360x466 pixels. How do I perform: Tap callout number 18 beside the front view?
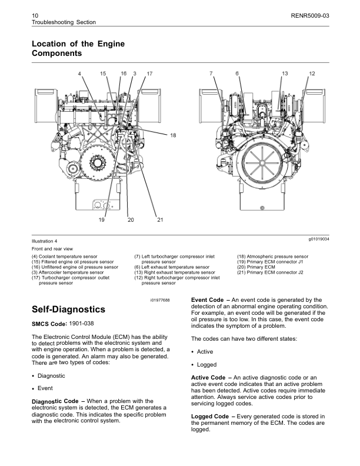click(x=173, y=136)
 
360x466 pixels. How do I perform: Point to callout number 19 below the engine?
click(x=101, y=219)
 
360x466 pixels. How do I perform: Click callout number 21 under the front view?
click(x=159, y=219)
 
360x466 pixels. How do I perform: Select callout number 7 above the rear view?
click(x=211, y=73)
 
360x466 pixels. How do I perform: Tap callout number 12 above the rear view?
click(x=312, y=73)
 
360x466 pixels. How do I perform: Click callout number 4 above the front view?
click(x=79, y=73)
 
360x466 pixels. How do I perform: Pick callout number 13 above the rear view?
click(x=284, y=73)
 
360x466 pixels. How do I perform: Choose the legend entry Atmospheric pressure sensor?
click(x=272, y=257)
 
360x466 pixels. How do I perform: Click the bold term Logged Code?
click(x=208, y=417)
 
